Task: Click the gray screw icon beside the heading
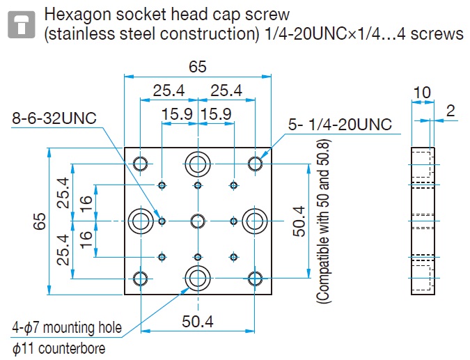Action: [22, 24]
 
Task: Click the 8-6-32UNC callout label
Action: [54, 118]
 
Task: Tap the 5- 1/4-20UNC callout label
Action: [340, 124]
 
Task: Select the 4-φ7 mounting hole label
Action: [67, 327]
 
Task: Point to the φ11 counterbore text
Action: [58, 349]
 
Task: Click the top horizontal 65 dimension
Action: [198, 67]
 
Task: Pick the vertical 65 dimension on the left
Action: [40, 221]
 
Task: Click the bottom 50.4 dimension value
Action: [198, 321]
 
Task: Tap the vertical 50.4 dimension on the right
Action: [299, 221]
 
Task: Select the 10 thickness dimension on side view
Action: [422, 93]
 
